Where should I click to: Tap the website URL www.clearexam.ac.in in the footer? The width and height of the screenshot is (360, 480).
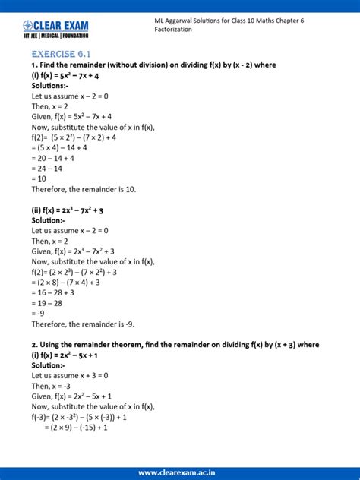point(179,470)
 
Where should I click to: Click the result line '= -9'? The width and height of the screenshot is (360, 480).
point(39,313)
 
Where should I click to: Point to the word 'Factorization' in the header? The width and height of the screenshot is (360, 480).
point(166,30)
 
